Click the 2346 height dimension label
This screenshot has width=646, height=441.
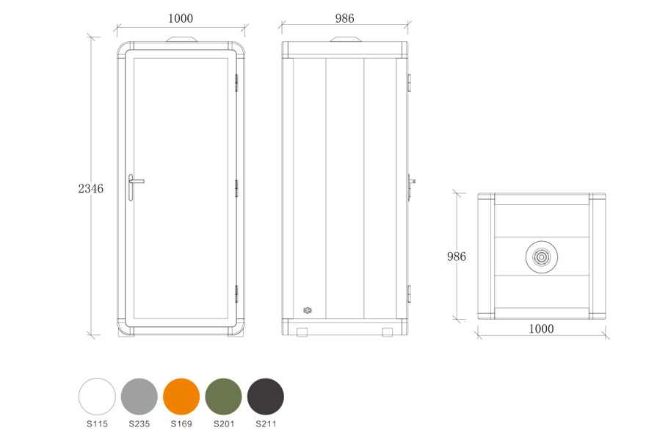pos(90,189)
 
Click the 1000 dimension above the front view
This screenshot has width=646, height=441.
pos(181,18)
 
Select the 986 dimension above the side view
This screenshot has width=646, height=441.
pos(344,18)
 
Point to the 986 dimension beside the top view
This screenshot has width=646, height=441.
pos(457,257)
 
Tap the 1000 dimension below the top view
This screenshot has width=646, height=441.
pos(541,329)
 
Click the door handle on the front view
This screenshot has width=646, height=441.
pos(134,187)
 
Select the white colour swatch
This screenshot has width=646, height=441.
pos(97,396)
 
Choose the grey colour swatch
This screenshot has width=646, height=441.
pos(139,396)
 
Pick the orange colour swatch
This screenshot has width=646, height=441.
pos(181,396)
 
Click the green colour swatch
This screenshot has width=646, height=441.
pos(223,396)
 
